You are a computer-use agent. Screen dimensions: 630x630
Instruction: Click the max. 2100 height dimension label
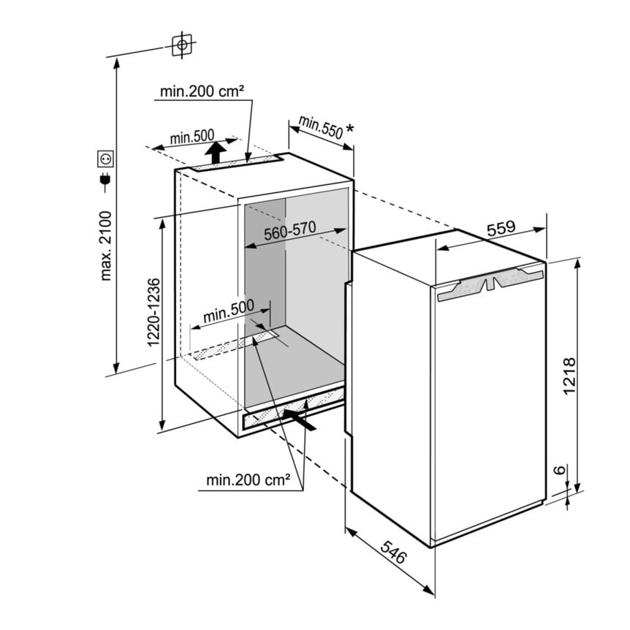[106, 246]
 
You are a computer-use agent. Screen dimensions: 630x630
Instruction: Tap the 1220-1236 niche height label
[154, 312]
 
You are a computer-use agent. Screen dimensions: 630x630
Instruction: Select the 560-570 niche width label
[289, 231]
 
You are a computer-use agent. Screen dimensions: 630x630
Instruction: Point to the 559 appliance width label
[501, 228]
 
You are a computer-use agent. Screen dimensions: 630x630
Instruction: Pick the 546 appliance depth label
[394, 552]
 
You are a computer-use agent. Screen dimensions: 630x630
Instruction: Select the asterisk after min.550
[349, 129]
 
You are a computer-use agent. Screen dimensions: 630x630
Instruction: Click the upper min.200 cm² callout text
[202, 91]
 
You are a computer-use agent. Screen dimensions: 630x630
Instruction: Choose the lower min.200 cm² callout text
[248, 479]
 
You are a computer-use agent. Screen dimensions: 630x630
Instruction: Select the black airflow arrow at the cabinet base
[300, 419]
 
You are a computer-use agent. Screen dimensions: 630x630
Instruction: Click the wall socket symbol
[106, 159]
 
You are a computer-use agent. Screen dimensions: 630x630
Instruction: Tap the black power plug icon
[106, 181]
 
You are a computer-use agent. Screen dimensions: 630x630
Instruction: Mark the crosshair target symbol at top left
[182, 45]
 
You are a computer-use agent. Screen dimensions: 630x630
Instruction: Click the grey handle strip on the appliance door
[490, 283]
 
